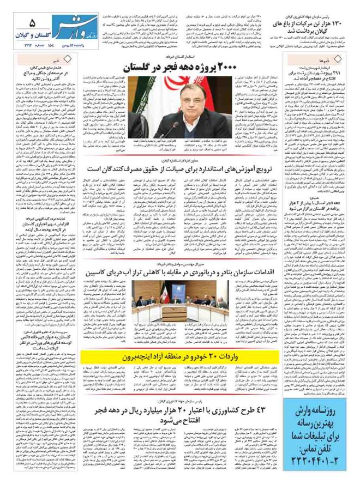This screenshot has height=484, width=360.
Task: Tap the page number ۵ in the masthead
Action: click(x=32, y=22)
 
